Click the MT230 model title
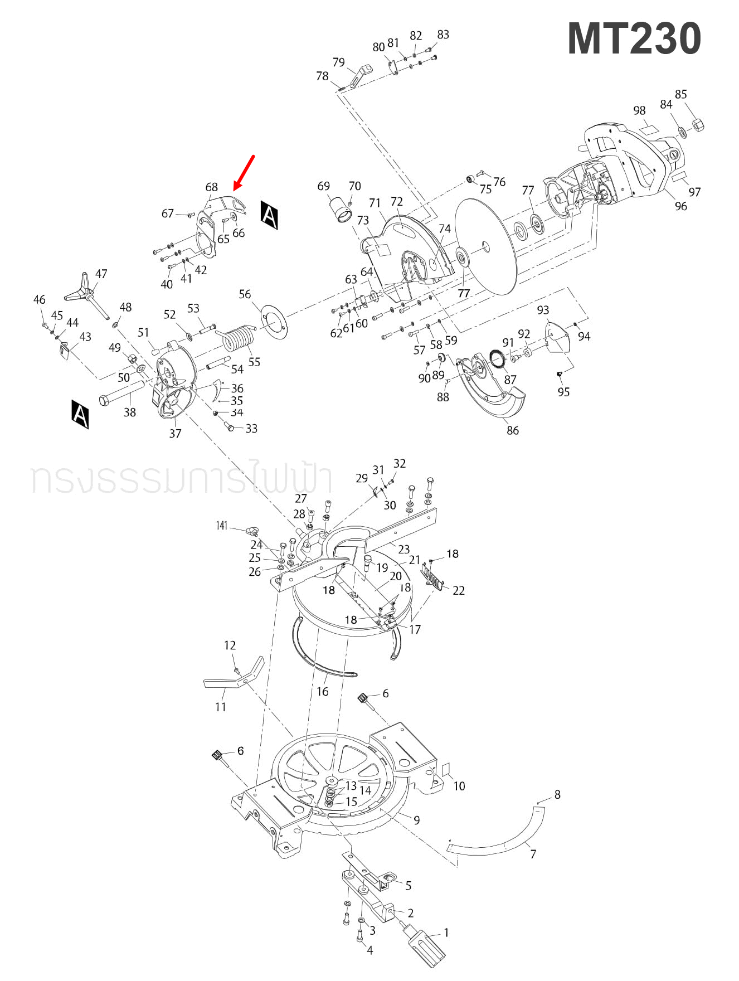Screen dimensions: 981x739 [634, 38]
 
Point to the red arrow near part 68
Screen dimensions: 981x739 [244, 172]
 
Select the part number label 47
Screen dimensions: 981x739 [101, 274]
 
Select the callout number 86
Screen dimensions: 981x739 [512, 430]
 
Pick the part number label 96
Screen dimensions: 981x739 [680, 206]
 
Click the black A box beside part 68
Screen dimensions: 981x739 [269, 215]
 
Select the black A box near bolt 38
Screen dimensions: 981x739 [80, 414]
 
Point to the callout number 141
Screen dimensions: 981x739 [222, 526]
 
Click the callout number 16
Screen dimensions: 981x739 [322, 691]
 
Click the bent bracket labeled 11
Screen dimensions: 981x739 [232, 678]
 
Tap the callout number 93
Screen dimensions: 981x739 [543, 310]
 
